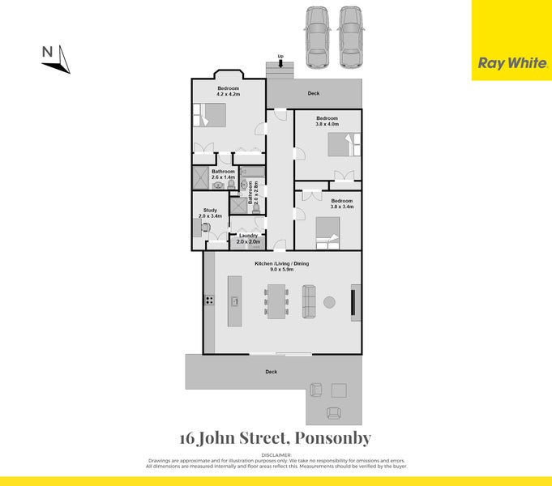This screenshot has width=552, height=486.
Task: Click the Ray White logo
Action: tap(511, 62)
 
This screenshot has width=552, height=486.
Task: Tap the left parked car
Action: tap(315, 38)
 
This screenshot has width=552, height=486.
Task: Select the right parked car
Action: tap(350, 38)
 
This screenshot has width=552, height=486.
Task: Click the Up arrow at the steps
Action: tap(280, 61)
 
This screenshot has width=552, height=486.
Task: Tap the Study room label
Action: tap(210, 213)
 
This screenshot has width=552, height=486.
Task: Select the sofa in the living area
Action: tap(310, 301)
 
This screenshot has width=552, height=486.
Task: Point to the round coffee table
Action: tap(330, 302)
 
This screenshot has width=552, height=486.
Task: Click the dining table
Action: tap(276, 301)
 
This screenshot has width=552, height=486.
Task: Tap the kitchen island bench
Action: tap(234, 301)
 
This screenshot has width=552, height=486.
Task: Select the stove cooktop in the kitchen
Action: tap(209, 301)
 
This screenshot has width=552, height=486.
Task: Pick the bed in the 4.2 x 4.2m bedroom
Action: tap(211, 117)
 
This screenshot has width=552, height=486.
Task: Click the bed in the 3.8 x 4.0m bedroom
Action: tap(340, 145)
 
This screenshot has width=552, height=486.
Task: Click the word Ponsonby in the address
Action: tap(334, 438)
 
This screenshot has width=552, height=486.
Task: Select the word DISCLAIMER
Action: tap(276, 455)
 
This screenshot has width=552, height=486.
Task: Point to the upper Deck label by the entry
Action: tap(314, 93)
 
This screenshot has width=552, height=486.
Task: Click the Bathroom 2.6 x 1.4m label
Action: tap(223, 174)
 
